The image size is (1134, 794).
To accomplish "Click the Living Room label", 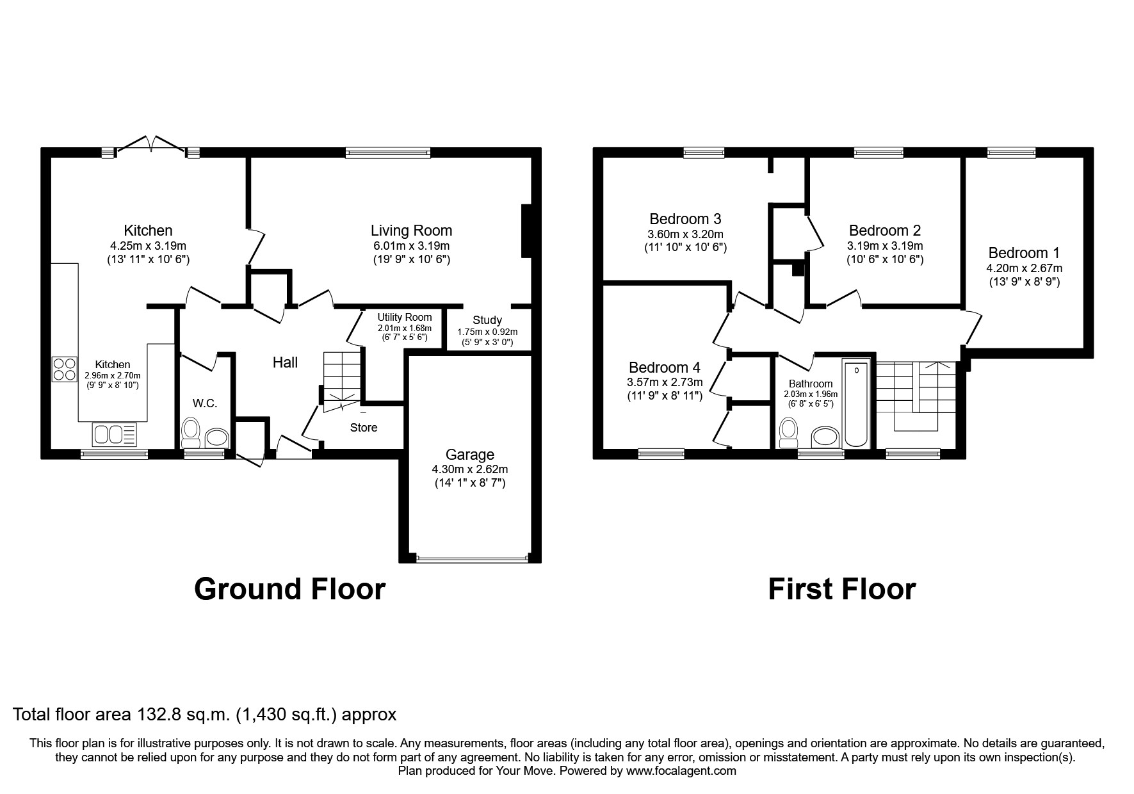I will point(411,231).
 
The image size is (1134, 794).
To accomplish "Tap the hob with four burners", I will point(65,369).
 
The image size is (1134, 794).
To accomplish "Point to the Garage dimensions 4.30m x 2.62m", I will point(469,469).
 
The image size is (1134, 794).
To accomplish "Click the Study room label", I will point(487,320).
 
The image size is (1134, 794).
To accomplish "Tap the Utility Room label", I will point(404,318).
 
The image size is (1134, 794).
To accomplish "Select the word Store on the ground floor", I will point(364,428).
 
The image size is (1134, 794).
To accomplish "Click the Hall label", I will point(285,362).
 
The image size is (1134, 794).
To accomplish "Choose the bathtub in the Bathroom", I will point(857,405).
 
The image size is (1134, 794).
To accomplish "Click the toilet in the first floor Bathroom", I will point(789,433).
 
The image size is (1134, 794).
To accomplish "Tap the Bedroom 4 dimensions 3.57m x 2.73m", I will point(665,382).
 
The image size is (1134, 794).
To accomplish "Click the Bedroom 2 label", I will point(884,231).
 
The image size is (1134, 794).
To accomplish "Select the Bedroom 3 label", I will point(684,219).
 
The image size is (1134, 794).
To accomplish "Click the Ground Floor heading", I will point(289,589).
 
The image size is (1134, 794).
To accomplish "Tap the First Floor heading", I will point(841,589).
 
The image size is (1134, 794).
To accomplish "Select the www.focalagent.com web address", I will point(681,771).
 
